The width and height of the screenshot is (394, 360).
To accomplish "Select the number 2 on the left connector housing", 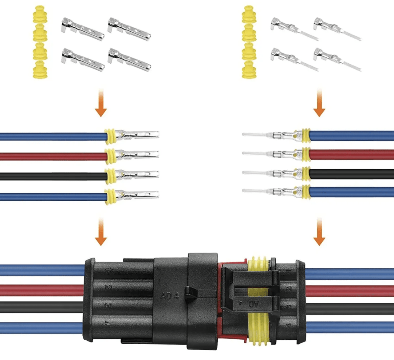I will (108, 287).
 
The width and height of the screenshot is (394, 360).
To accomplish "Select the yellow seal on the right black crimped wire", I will (306, 174).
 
